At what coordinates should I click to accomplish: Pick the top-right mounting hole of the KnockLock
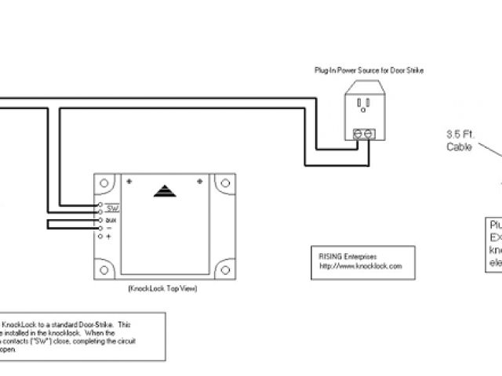click(225, 185)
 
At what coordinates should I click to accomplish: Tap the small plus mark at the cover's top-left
click(129, 182)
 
